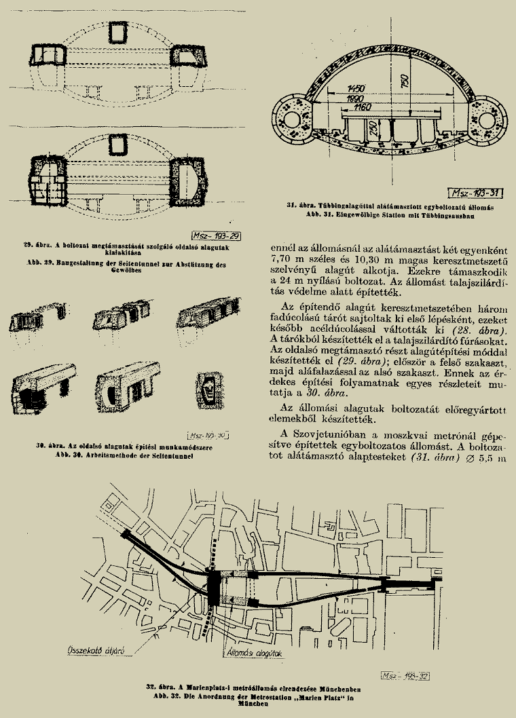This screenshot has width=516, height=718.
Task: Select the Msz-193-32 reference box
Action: tap(405, 676)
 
